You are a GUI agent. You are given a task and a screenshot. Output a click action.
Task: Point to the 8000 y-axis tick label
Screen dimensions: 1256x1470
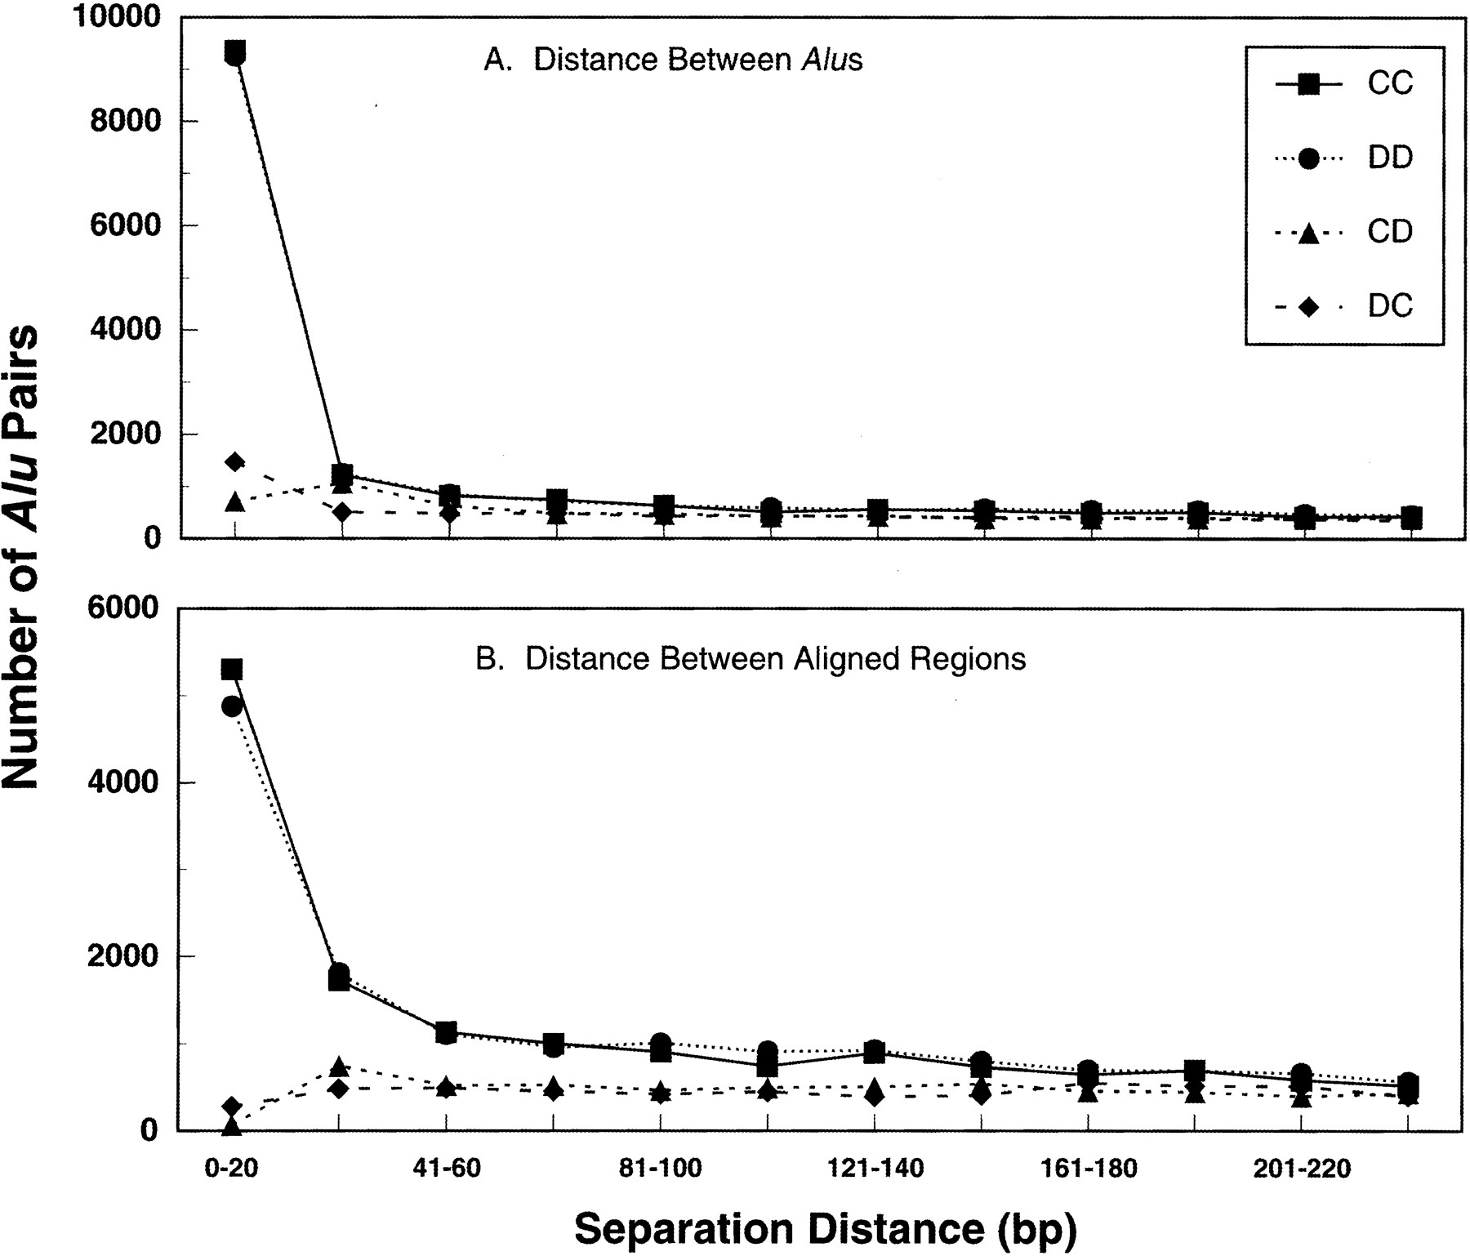point(124,121)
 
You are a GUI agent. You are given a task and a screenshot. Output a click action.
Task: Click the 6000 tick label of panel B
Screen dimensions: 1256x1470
point(124,608)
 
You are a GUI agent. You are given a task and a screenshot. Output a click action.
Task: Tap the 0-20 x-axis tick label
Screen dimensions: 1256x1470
point(231,1169)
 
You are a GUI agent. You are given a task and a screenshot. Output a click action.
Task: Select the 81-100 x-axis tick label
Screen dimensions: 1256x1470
point(660,1169)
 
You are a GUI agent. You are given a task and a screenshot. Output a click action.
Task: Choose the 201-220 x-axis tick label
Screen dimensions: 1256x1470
point(1302,1169)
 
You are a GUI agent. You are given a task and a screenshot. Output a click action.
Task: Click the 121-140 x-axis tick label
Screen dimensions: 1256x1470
point(875,1169)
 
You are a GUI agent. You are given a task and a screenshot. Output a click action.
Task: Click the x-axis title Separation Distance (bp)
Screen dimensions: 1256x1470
point(825,1230)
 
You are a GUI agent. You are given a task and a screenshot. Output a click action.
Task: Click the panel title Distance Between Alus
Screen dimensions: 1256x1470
point(673,60)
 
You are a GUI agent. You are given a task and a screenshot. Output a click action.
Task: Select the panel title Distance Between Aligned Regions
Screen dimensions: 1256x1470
point(751,658)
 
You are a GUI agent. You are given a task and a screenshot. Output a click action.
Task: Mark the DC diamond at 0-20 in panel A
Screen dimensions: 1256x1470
point(235,462)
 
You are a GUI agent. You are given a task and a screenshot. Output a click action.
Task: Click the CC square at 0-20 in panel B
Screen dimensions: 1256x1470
point(232,670)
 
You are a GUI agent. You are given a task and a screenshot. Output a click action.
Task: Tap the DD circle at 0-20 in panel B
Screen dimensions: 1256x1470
point(232,706)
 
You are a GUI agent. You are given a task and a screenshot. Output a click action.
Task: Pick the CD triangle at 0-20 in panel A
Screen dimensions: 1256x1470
point(234,501)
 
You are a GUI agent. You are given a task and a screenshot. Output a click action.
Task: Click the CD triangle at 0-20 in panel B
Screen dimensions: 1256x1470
point(232,1126)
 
